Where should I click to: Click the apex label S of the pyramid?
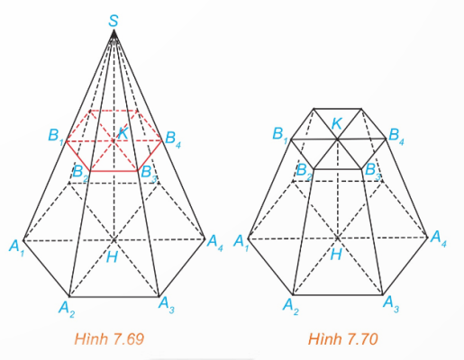(114, 21)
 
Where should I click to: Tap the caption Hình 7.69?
(109, 339)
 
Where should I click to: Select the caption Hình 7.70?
(342, 339)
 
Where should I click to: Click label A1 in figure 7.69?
(17, 247)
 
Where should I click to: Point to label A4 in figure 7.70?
(439, 238)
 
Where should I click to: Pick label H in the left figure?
(112, 257)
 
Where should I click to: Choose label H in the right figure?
(336, 255)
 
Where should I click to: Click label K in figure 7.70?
(337, 123)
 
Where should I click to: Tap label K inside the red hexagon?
(123, 133)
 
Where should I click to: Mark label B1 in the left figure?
(56, 136)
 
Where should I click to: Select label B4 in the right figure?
(396, 136)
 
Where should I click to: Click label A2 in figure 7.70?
(291, 307)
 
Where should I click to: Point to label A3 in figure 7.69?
(167, 304)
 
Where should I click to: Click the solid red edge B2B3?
(114, 171)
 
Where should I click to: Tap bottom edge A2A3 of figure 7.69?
(114, 297)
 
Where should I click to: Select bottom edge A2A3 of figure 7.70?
(338, 295)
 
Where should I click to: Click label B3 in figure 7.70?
(372, 171)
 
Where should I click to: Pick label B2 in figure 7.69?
(80, 173)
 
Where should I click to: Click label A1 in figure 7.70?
(241, 242)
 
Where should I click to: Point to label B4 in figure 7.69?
(173, 139)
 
